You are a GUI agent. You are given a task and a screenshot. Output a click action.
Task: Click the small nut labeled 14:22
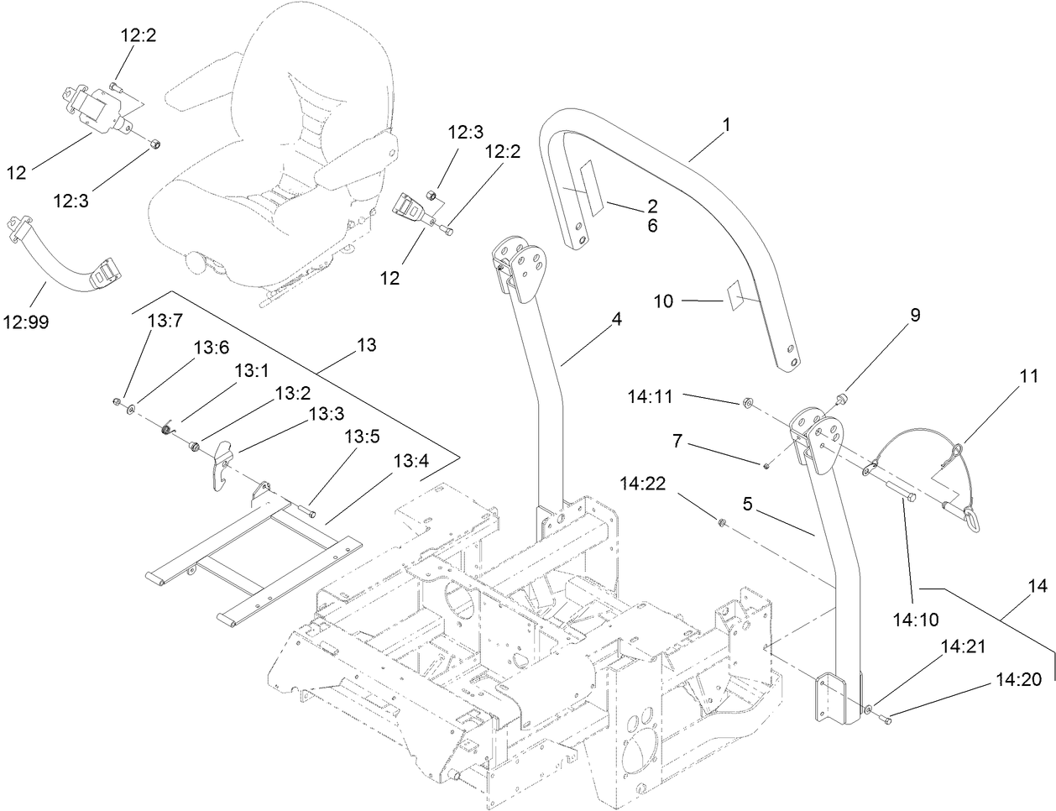click(721, 525)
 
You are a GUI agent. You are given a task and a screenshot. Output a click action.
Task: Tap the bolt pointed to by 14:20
click(886, 718)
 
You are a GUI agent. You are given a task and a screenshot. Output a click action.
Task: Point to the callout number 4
click(616, 319)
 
